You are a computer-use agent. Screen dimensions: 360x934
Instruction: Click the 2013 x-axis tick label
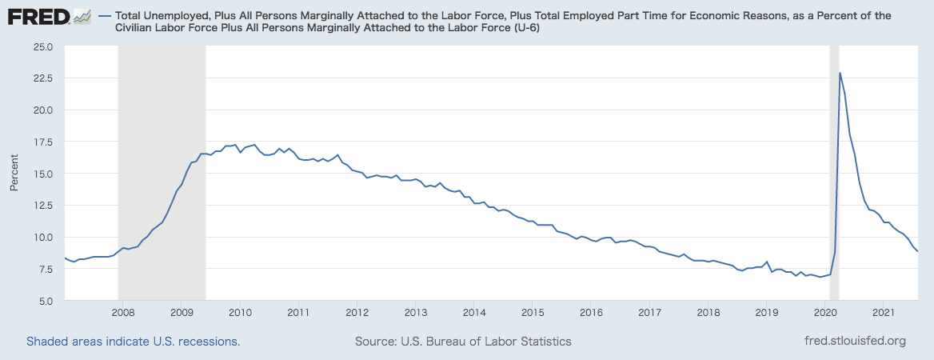tap(415, 312)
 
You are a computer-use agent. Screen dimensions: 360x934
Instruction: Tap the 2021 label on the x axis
tap(883, 312)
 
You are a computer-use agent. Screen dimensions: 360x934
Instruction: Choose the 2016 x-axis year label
tap(591, 312)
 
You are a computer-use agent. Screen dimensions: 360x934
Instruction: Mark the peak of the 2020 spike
tap(840, 73)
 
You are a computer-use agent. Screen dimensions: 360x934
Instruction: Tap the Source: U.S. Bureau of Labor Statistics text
tap(463, 342)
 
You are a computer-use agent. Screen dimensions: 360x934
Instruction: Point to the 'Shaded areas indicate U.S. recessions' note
tap(134, 342)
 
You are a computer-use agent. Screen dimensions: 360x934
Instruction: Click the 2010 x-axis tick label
tap(240, 312)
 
